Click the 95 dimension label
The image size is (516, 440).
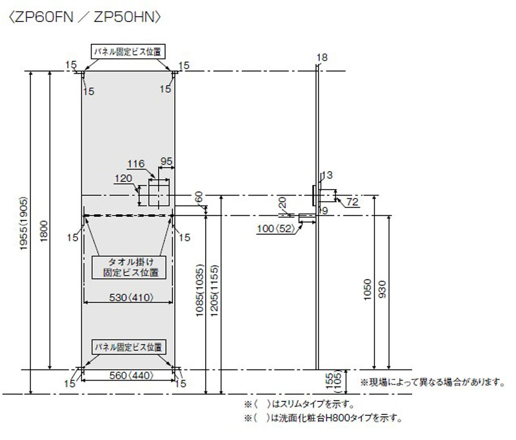pyautogui.click(x=166, y=161)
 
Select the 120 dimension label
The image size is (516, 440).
pyautogui.click(x=123, y=179)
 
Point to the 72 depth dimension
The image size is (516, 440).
pyautogui.click(x=352, y=203)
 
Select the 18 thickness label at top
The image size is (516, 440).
pyautogui.click(x=322, y=57)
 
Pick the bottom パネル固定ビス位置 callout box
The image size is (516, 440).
pyautogui.click(x=128, y=346)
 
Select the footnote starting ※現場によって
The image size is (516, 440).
pyautogui.click(x=432, y=383)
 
